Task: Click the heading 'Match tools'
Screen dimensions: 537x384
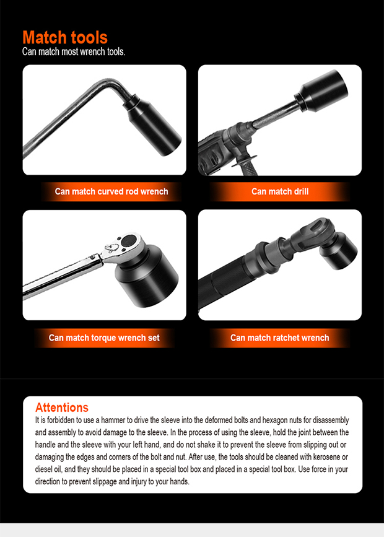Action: point(64,37)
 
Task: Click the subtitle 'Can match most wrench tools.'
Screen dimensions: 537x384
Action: point(74,52)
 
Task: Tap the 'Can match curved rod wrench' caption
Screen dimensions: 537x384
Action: point(111,191)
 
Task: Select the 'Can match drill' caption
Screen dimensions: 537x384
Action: point(280,191)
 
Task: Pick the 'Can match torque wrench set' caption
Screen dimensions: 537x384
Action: point(104,338)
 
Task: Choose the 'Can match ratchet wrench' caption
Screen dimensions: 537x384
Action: point(280,338)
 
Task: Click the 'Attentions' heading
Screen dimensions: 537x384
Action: point(62,408)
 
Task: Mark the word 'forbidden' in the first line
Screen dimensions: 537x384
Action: point(62,420)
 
